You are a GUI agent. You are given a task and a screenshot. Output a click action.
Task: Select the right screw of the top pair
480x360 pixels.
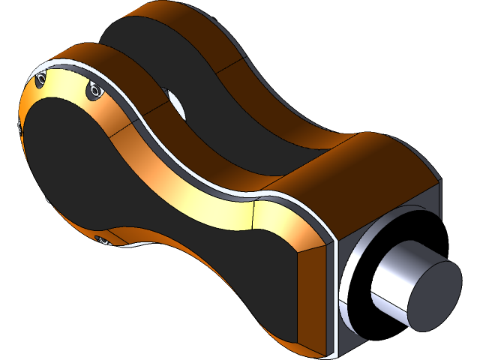coord(94,91)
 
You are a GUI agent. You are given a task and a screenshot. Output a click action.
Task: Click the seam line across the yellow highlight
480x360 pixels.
coord(253,216)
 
